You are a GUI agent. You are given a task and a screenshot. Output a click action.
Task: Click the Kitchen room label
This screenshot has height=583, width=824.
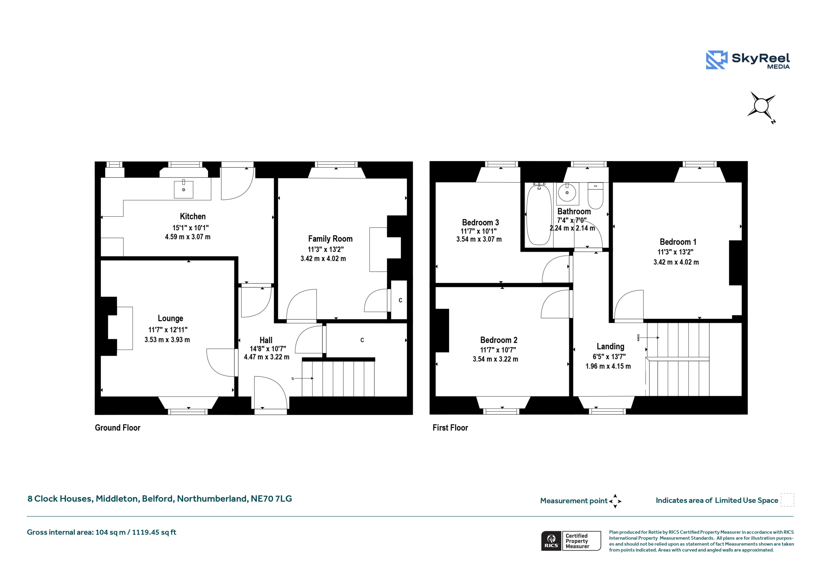[x=193, y=216]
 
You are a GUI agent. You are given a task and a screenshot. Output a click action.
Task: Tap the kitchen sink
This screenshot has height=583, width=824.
[x=183, y=189]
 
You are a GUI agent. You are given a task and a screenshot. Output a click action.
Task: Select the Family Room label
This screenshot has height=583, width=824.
[x=330, y=239]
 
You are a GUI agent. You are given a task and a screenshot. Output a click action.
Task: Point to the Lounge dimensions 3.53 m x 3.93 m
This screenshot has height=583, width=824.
[x=167, y=340]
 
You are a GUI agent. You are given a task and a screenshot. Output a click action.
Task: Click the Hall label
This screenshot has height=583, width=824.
[x=266, y=340]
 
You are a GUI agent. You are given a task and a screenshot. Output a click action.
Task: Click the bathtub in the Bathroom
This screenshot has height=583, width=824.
[x=539, y=215]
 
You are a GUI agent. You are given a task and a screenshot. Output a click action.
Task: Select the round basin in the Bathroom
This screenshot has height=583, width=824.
[x=567, y=193]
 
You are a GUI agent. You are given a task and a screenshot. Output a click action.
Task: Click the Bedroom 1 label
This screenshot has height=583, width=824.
[x=678, y=242]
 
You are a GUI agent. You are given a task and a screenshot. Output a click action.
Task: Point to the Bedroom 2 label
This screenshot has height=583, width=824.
[x=499, y=340]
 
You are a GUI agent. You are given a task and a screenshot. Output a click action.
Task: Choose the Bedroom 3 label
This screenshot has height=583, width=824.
[x=481, y=222]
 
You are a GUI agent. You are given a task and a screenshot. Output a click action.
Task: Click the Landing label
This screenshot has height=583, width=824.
[x=611, y=347]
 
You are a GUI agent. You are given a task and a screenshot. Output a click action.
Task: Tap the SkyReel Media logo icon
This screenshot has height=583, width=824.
[x=716, y=60]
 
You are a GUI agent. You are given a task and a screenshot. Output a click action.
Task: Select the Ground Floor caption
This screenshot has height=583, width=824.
[x=118, y=427]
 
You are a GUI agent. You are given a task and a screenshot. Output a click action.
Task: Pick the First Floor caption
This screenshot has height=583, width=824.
[x=450, y=427]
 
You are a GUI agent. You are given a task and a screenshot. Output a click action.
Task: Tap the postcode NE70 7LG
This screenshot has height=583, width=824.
[x=271, y=499]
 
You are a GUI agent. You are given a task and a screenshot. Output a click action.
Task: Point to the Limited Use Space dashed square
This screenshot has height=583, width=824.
[x=787, y=500]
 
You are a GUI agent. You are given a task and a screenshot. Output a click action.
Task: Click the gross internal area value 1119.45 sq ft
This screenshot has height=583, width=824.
[x=154, y=532]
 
